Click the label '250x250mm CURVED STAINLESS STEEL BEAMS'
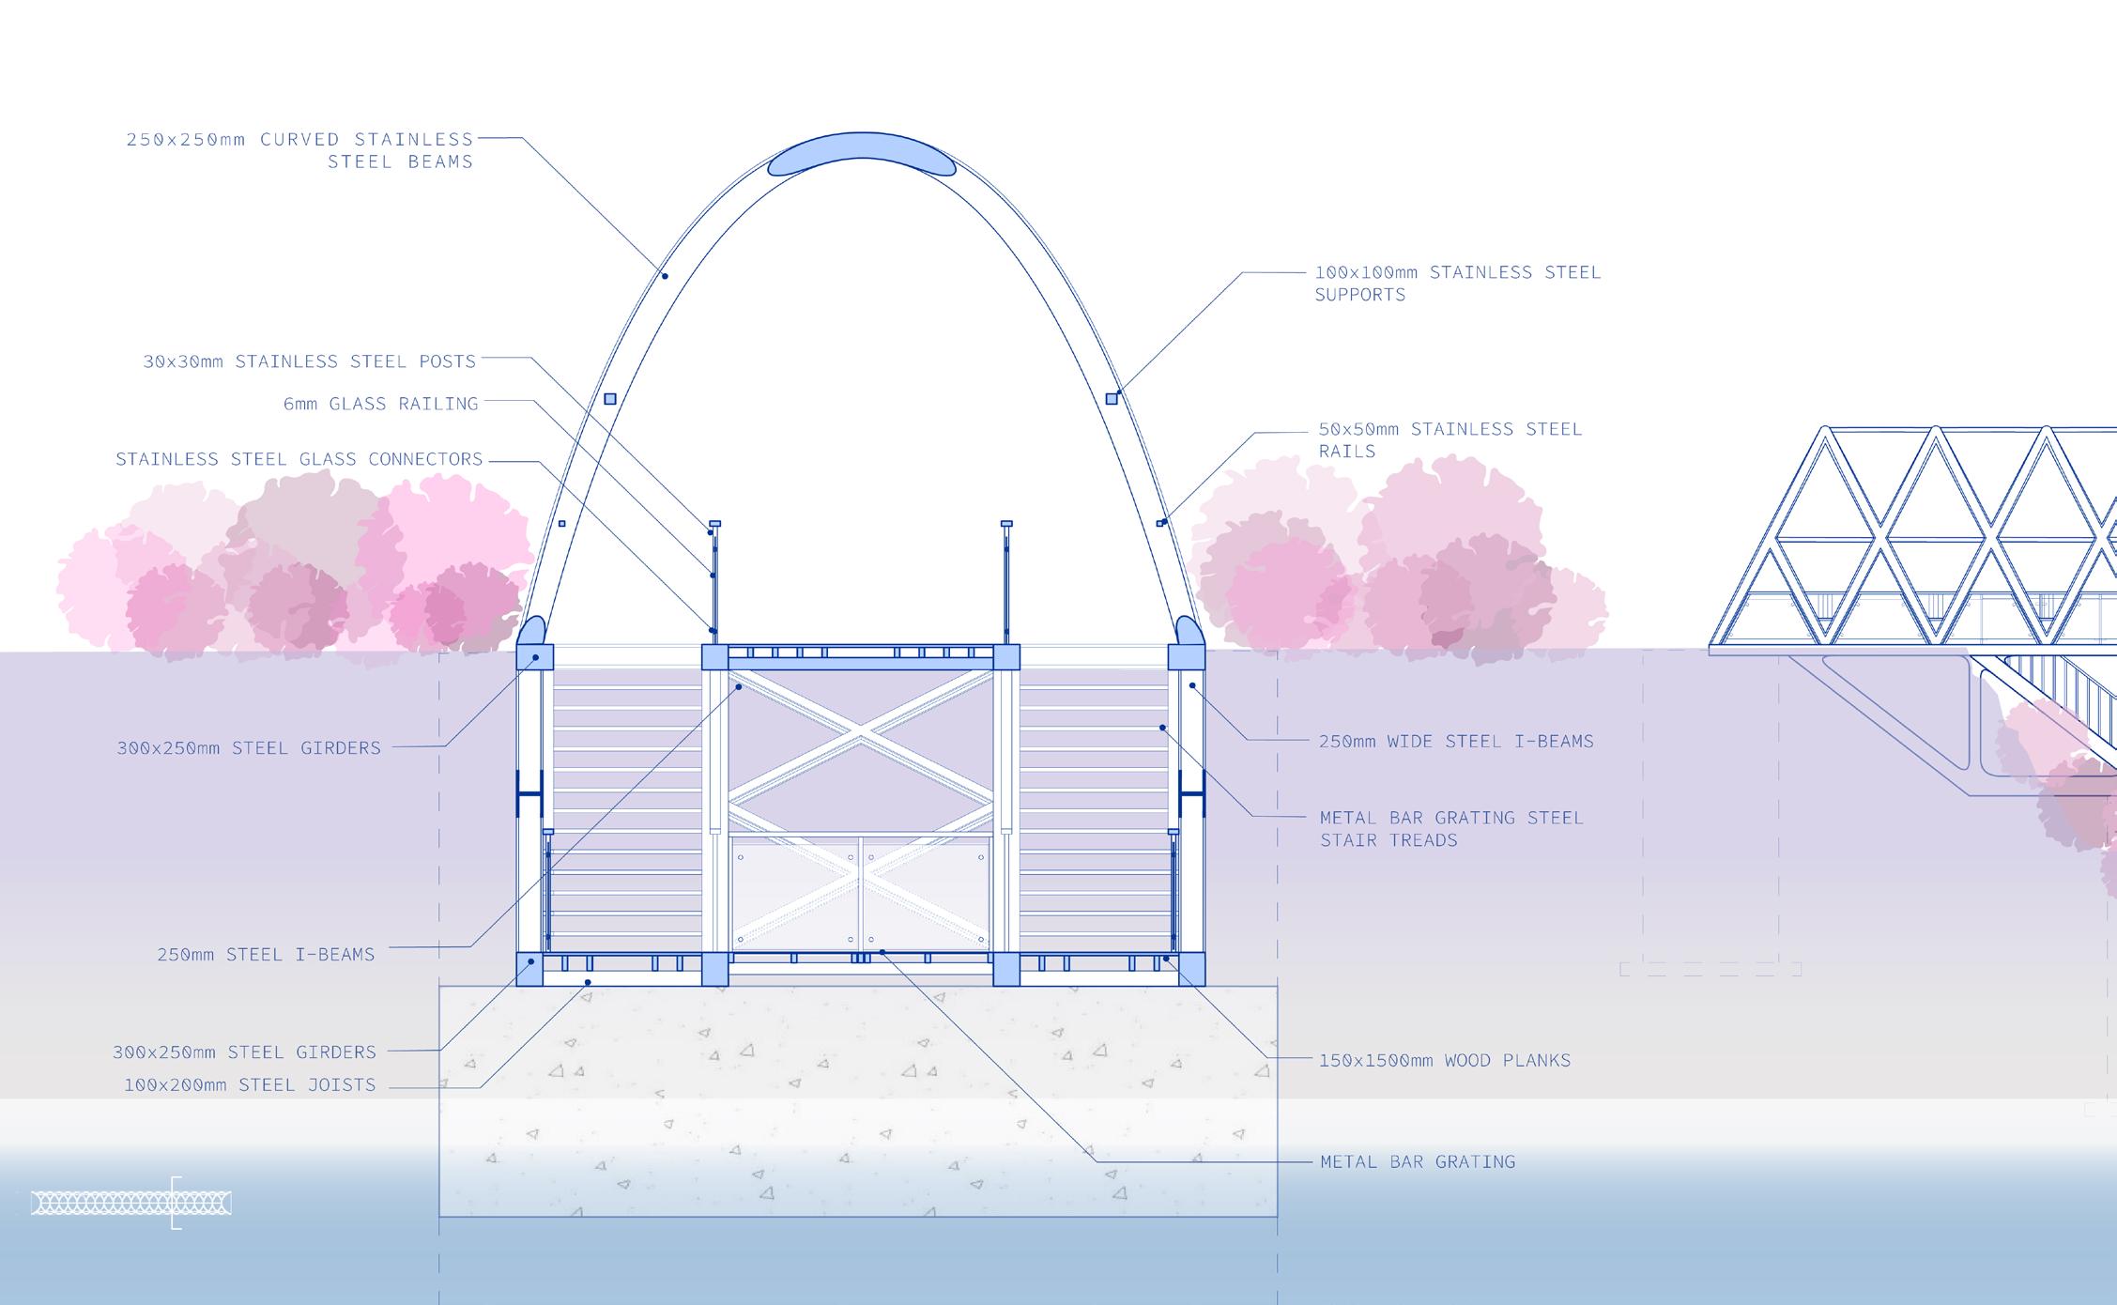300,150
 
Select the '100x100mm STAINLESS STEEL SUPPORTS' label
1457,283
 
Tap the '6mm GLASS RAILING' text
381,404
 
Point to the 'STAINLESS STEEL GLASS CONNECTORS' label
299,459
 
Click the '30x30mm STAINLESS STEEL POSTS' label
310,361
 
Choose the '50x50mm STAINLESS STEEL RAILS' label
1450,439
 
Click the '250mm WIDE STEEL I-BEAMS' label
1456,742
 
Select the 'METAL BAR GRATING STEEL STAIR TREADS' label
1451,828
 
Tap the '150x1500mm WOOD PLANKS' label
1445,1060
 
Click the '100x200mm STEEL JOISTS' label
250,1085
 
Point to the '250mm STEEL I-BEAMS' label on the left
266,955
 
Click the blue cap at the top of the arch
862,155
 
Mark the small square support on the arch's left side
610,399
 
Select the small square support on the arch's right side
1112,399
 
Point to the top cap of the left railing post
714,523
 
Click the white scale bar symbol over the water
130,1203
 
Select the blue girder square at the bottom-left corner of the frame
530,969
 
